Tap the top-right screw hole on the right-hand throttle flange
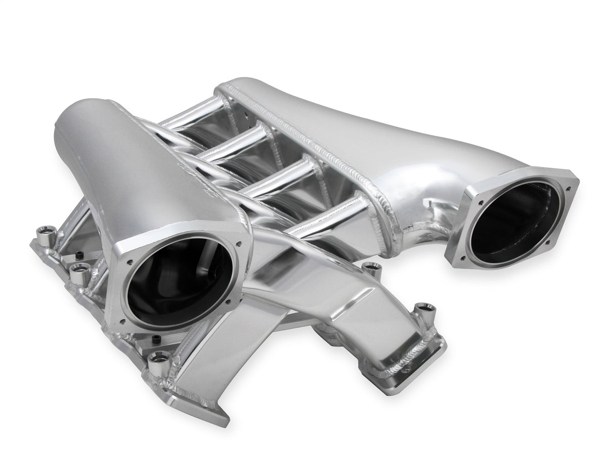(569, 188)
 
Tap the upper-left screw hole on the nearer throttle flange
(129, 263)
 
